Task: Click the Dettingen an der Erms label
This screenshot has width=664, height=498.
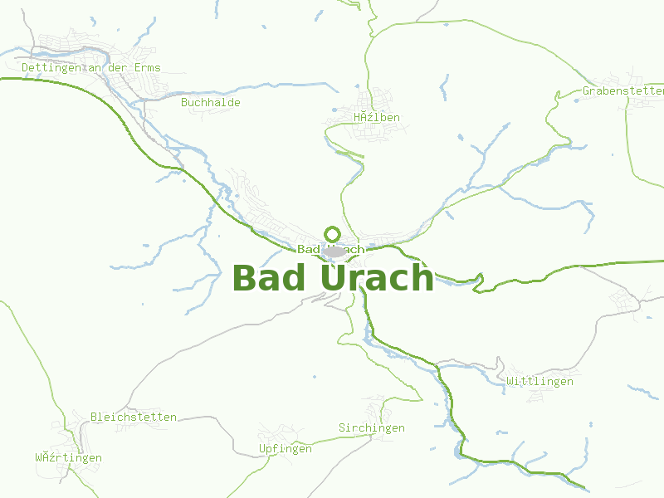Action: [91, 67]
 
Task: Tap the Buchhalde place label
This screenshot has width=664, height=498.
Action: [211, 102]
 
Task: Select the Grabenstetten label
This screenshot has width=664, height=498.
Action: [623, 90]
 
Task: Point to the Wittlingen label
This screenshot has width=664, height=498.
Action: [539, 381]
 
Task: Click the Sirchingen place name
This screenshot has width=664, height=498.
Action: [372, 427]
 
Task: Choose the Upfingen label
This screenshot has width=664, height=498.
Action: [286, 448]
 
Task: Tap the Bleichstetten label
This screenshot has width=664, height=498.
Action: [134, 417]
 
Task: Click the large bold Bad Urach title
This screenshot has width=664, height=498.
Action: [333, 278]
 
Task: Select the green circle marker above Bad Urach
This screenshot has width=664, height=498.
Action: [332, 234]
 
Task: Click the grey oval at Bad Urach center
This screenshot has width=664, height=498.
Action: [334, 251]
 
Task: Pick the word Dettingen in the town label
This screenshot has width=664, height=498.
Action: [51, 67]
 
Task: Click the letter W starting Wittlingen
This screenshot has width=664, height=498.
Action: [510, 381]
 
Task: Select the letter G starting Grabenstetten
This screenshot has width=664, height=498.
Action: [586, 90]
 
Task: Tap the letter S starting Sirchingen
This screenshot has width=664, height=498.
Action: [342, 427]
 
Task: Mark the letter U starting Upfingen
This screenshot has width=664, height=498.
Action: [262, 448]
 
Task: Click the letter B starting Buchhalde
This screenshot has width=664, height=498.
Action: [184, 102]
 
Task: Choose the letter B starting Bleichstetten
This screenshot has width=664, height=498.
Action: [94, 417]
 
